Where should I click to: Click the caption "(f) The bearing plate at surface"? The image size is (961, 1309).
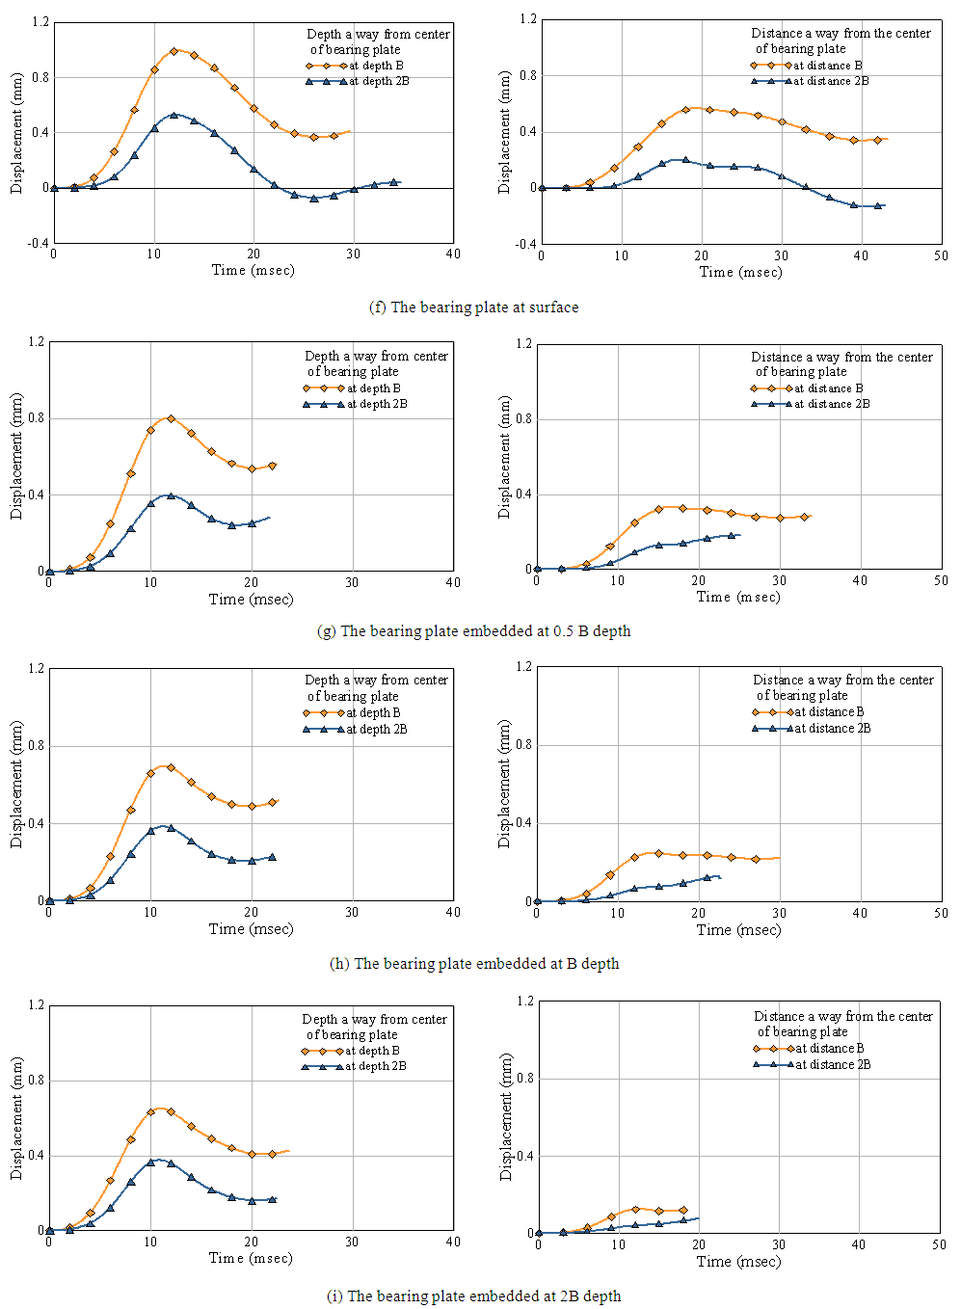click(x=473, y=307)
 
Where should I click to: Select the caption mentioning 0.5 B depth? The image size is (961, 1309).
click(x=473, y=631)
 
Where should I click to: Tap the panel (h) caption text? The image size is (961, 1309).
click(x=474, y=964)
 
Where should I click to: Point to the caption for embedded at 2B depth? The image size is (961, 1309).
click(x=474, y=1296)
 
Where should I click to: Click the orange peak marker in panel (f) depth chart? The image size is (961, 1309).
click(x=174, y=51)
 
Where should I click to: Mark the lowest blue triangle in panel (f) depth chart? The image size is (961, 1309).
click(x=314, y=199)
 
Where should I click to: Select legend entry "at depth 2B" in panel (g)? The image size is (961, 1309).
click(x=377, y=405)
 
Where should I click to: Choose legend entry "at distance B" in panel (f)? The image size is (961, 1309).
click(x=828, y=66)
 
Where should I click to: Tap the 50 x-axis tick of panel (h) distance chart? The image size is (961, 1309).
click(x=941, y=913)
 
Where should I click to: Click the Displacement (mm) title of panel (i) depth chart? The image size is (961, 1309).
click(x=16, y=1118)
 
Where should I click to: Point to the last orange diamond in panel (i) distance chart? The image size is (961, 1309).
click(x=683, y=1210)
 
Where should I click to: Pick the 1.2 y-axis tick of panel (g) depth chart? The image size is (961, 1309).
click(x=37, y=341)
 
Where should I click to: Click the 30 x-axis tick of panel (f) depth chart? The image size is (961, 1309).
click(x=354, y=254)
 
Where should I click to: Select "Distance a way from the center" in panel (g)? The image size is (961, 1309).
click(x=841, y=357)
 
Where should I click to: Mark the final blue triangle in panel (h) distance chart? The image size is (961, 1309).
click(x=707, y=877)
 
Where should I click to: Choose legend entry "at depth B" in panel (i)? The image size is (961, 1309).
click(x=372, y=1051)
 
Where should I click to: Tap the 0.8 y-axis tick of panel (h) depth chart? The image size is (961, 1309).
click(x=37, y=745)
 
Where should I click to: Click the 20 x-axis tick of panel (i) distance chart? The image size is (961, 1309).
click(x=698, y=1244)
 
